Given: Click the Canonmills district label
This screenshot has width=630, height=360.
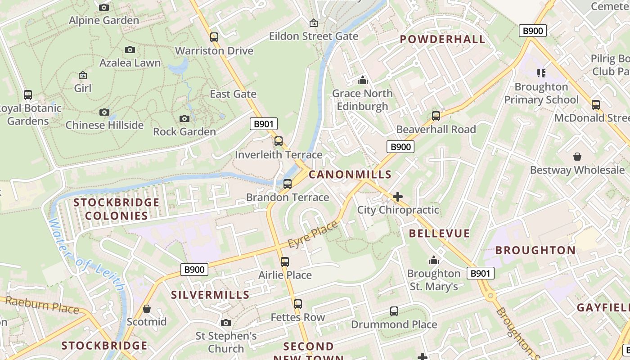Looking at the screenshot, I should [x=350, y=174].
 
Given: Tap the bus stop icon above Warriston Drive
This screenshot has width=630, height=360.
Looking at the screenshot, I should [x=214, y=37].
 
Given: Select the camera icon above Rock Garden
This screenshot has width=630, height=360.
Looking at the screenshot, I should [x=184, y=118].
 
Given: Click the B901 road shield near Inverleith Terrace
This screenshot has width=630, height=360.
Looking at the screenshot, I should [x=264, y=124].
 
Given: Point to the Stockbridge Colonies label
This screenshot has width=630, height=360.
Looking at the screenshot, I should [x=117, y=209].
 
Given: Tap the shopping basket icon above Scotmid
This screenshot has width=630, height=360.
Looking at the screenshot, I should [x=146, y=309].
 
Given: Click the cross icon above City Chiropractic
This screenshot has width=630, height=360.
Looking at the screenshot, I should [x=397, y=197].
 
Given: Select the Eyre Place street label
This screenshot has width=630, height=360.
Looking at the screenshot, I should [x=312, y=234].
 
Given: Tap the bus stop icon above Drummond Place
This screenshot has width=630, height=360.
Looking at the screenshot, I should [x=394, y=311].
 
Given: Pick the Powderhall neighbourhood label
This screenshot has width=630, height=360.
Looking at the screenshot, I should [x=443, y=39].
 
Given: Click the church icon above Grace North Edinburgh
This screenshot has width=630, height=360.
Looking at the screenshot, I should [x=362, y=81].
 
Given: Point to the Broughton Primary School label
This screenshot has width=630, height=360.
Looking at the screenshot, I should [x=541, y=93].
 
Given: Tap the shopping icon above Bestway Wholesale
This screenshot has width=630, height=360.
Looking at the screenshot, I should [x=577, y=157].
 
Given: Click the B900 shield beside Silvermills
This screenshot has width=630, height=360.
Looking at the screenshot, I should [x=194, y=270].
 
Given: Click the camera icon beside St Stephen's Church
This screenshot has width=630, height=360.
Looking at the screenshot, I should [x=226, y=323].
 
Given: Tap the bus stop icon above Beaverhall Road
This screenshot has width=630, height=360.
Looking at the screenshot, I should [x=436, y=116].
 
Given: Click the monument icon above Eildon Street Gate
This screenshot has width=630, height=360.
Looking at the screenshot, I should [x=313, y=23].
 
